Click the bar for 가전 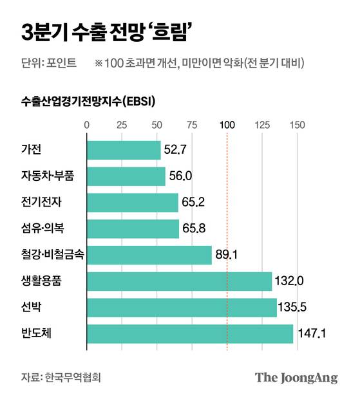(123, 150)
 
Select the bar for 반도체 (189, 333)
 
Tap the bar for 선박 (181, 308)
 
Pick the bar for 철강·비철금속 (149, 255)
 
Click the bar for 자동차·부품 (126, 176)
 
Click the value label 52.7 (176, 151)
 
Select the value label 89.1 (227, 255)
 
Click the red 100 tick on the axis (227, 125)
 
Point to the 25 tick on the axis (122, 125)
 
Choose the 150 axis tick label (297, 125)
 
